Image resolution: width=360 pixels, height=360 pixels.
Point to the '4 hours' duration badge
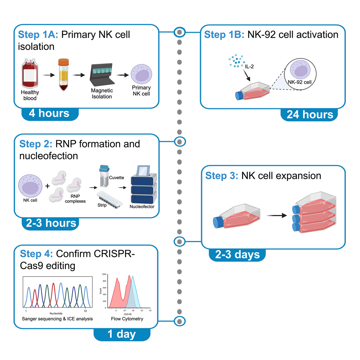pos(50,113)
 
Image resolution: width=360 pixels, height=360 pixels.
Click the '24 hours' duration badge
pos(309,114)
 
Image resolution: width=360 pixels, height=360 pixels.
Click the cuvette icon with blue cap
pos(104,175)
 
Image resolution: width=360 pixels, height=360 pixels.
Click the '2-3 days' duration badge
pos(237,254)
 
